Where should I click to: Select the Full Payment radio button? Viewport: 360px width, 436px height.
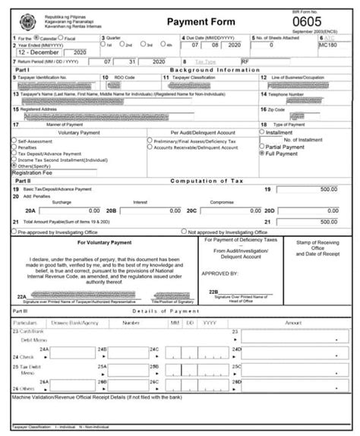[x=262, y=153]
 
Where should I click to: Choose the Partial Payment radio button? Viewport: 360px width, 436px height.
[x=262, y=147]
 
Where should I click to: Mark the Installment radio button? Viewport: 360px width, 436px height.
[x=262, y=131]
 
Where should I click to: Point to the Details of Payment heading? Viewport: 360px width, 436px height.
[x=164, y=311]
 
